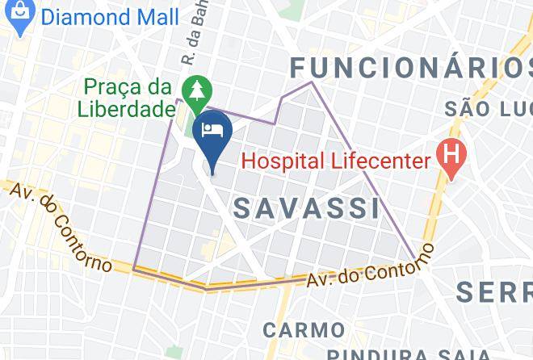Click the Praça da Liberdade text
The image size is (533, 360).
coord(128,97)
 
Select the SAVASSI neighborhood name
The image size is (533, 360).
coord(306,207)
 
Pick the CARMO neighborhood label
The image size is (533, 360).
coord(303,329)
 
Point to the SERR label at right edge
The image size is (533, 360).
coord(493,291)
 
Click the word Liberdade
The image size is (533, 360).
coord(128,108)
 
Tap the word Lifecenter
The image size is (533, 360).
coord(379,161)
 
